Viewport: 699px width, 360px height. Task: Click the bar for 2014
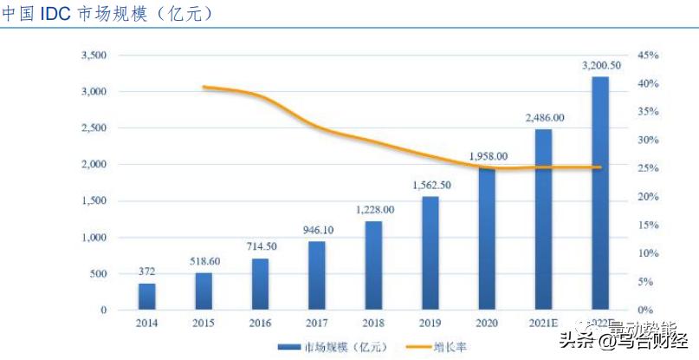pos(146,296)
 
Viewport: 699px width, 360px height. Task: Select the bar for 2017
pos(317,275)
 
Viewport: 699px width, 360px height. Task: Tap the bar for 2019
pos(430,252)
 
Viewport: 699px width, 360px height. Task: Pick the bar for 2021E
pos(543,219)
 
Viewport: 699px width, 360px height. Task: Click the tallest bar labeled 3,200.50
pos(599,193)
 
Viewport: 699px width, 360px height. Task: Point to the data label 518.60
pos(204,260)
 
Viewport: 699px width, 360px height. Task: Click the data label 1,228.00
pos(374,209)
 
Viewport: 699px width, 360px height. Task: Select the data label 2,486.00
pos(543,117)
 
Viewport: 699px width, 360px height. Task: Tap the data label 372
pos(146,272)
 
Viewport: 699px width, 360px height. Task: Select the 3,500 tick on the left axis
pos(93,56)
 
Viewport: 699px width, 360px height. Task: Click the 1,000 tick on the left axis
pos(93,238)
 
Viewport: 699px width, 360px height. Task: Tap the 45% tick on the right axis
pos(649,56)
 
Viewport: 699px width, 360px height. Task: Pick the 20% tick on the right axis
pos(649,197)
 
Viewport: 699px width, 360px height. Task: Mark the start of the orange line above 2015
pos(204,87)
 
